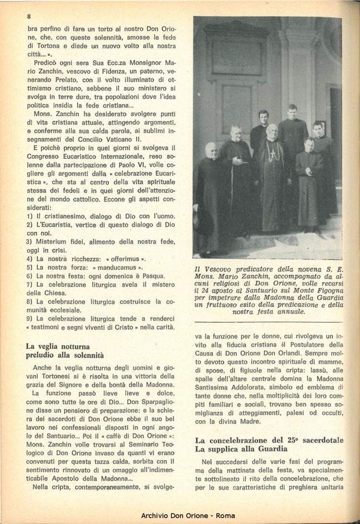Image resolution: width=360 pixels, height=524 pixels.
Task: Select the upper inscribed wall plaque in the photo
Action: [237, 55]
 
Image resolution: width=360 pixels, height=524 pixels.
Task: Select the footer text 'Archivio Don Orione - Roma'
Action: [188, 516]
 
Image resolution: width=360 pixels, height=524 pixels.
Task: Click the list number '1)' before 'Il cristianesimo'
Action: [30, 216]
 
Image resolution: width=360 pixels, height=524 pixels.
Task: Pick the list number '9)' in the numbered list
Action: [30, 319]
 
